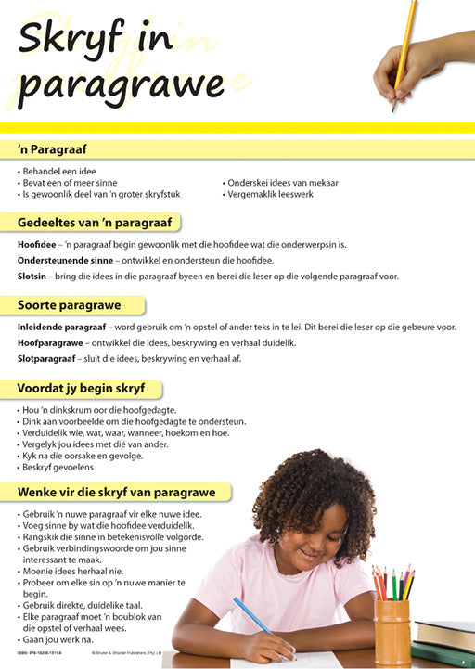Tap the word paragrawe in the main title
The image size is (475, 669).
[x=122, y=85]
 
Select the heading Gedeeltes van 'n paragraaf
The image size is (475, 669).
[x=98, y=222]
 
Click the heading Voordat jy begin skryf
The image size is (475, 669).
[x=83, y=388]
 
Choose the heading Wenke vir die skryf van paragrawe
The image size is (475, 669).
[x=116, y=492]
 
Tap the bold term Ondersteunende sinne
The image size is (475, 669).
[x=60, y=261]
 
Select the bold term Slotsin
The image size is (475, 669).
[x=31, y=277]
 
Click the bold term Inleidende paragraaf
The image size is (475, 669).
[x=61, y=328]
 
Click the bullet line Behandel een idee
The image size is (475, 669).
[x=58, y=172]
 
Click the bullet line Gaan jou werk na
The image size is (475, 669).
[x=61, y=640]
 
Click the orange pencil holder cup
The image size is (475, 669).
[x=392, y=631]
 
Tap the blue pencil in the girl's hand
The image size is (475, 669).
[x=251, y=615]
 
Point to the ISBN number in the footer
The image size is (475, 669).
[x=43, y=653]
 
